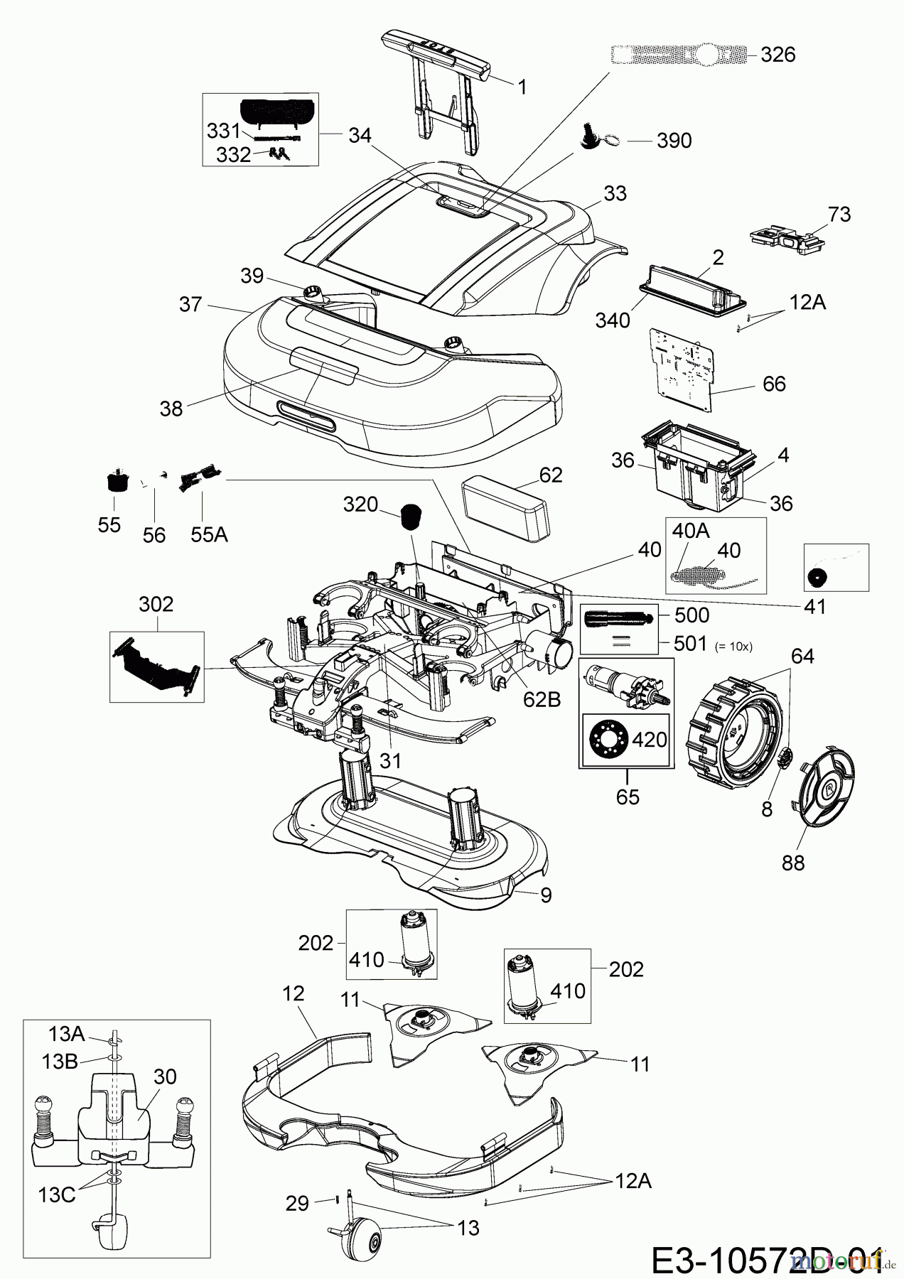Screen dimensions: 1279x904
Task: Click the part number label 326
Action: click(777, 55)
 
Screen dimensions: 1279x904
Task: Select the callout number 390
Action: click(674, 141)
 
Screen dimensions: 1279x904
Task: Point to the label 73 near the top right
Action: click(839, 214)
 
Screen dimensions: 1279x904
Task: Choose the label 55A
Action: click(208, 535)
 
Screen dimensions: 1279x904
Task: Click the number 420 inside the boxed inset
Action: click(649, 740)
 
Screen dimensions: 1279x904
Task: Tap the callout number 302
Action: click(156, 605)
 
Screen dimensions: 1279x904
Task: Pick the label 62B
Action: click(541, 700)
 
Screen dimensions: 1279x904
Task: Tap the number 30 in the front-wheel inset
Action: click(164, 1076)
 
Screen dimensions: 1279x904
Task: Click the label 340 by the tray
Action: click(612, 320)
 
